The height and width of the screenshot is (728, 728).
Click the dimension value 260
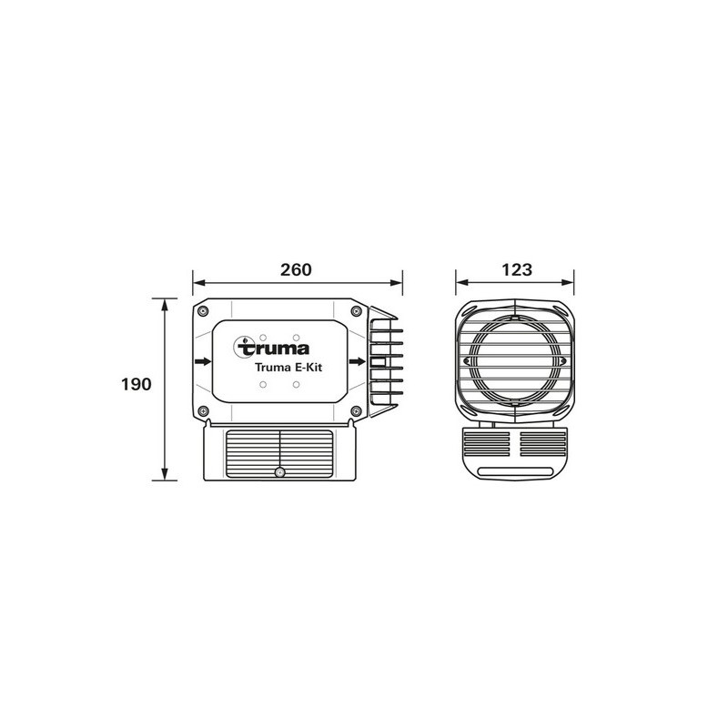pos(297,270)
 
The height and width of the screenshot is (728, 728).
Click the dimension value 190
pos(135,384)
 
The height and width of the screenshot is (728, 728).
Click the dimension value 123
pos(515,270)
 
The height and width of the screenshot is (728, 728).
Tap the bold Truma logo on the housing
pos(273,347)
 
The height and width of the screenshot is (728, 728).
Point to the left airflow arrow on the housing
pos(202,361)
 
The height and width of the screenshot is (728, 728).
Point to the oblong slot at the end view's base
pos(515,470)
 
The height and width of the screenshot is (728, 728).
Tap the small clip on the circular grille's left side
pos(467,360)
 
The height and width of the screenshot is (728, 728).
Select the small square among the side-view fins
pos(381,361)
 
